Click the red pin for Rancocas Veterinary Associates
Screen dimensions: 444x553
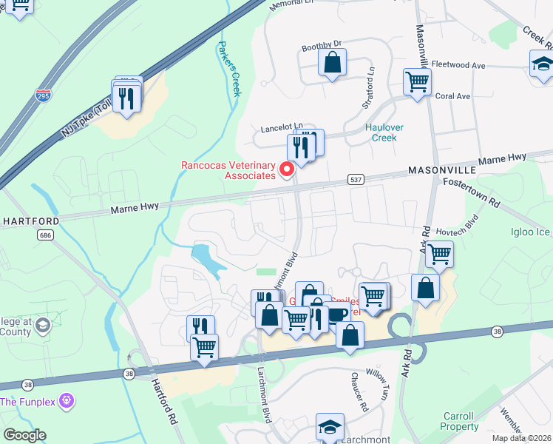tap(286, 170)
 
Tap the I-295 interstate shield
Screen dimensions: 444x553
tap(43, 95)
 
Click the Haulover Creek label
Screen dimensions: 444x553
tap(384, 132)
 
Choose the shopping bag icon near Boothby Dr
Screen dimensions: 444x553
tap(333, 64)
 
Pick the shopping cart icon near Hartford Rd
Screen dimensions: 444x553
tap(205, 346)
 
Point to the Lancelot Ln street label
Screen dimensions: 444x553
tap(282, 127)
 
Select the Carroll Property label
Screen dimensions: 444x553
tap(460, 421)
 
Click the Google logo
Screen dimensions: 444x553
tap(24, 435)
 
